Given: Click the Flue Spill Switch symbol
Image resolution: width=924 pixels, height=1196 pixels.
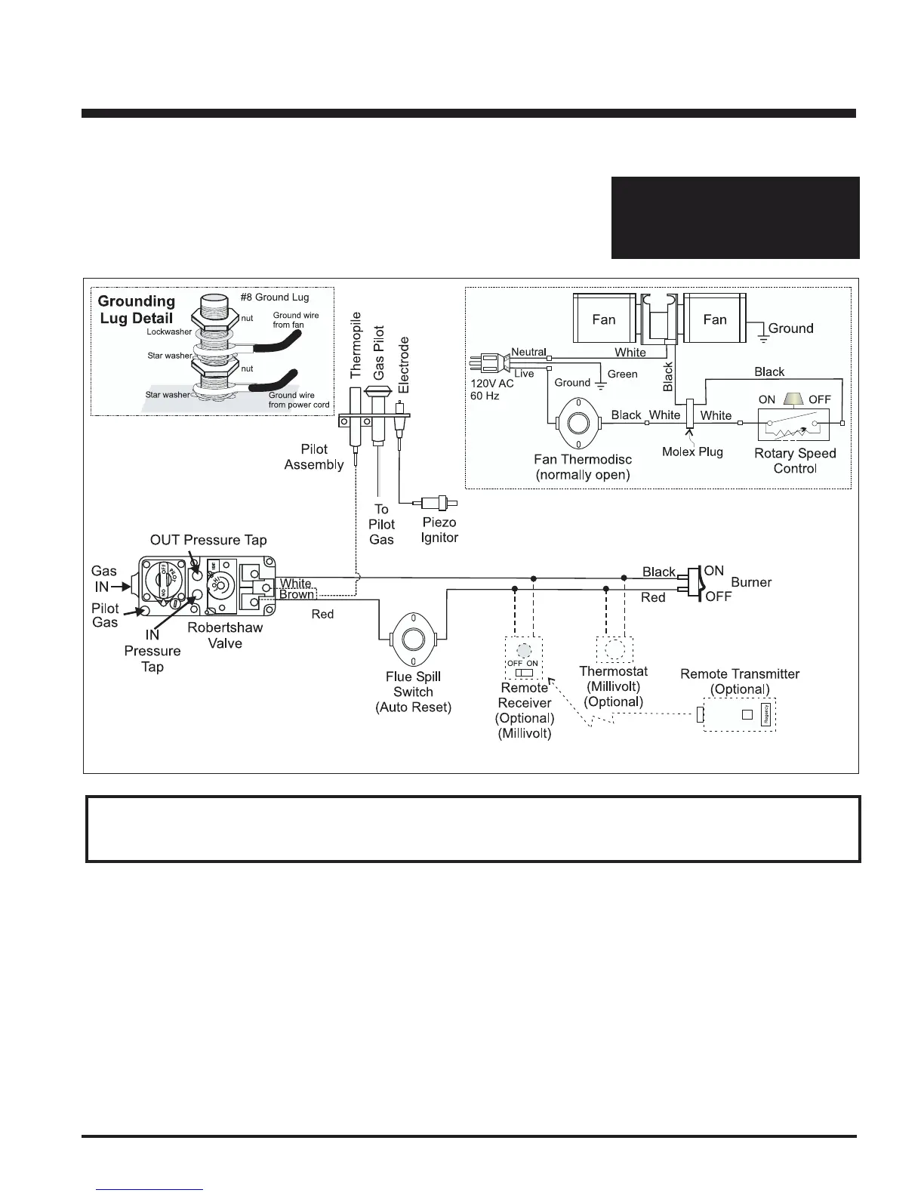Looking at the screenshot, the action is click(413, 639).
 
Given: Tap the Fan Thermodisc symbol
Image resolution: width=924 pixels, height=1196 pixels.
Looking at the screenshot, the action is click(579, 424).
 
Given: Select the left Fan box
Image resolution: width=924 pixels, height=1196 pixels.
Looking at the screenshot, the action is click(604, 319).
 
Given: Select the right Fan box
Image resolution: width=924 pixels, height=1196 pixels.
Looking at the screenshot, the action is click(714, 319).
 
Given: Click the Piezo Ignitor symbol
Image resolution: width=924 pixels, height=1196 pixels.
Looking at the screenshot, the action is click(436, 502).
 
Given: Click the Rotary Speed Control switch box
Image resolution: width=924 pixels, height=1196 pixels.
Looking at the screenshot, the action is click(793, 424).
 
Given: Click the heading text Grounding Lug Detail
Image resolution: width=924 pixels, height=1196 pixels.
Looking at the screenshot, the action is click(137, 310).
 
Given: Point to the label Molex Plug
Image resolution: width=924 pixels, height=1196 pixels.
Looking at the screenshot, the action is click(692, 452).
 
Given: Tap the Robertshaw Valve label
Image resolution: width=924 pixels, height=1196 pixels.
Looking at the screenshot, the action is click(225, 635).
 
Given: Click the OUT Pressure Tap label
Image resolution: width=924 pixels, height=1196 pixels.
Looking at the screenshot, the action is click(208, 540).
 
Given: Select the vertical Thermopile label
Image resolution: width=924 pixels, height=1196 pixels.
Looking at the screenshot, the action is click(356, 345).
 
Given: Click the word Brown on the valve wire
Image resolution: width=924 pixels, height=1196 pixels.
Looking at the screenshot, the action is click(296, 595).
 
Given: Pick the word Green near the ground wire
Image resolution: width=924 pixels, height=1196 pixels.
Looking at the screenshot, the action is click(622, 374).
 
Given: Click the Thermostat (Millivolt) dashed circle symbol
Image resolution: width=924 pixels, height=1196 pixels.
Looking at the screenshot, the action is click(614, 649).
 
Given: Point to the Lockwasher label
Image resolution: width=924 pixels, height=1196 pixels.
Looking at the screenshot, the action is click(169, 331).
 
